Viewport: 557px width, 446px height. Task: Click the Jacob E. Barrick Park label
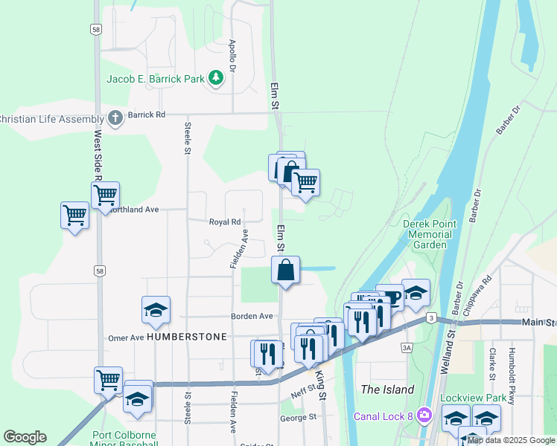[x=155, y=78]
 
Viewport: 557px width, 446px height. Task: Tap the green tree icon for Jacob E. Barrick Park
[x=216, y=77]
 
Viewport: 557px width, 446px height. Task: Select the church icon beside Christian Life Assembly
[x=115, y=117]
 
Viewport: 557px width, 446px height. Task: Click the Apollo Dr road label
[x=232, y=56]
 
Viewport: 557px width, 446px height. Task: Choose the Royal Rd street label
[x=224, y=222]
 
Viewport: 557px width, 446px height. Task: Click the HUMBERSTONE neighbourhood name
[x=186, y=337]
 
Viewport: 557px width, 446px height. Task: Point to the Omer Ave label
[x=126, y=337]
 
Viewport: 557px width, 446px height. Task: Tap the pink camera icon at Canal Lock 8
[x=424, y=414]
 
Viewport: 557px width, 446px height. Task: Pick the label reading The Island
[x=386, y=390]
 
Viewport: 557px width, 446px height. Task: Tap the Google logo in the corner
[x=25, y=436]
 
